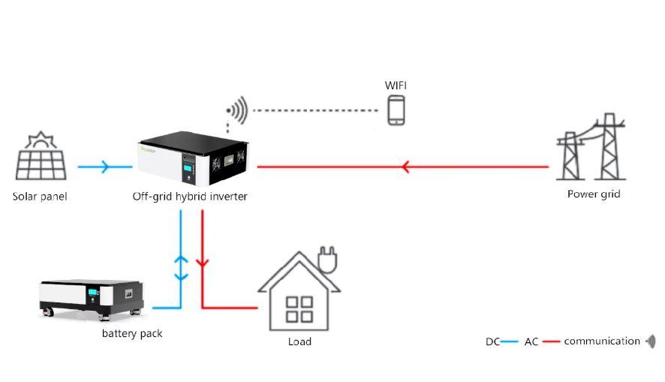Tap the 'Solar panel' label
coord(40,197)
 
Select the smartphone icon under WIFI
coord(396,110)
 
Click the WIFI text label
coord(396,85)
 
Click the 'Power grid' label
coord(593,194)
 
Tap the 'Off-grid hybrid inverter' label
coord(189,197)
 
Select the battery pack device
coord(91,297)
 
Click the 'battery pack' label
coord(132,333)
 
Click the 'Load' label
coord(299,341)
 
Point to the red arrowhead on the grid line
coord(405,167)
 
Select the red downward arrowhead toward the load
coord(201,263)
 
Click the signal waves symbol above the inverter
coord(237,110)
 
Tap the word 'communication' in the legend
coord(602,341)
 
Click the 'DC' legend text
coord(492,341)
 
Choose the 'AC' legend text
coord(531,341)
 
